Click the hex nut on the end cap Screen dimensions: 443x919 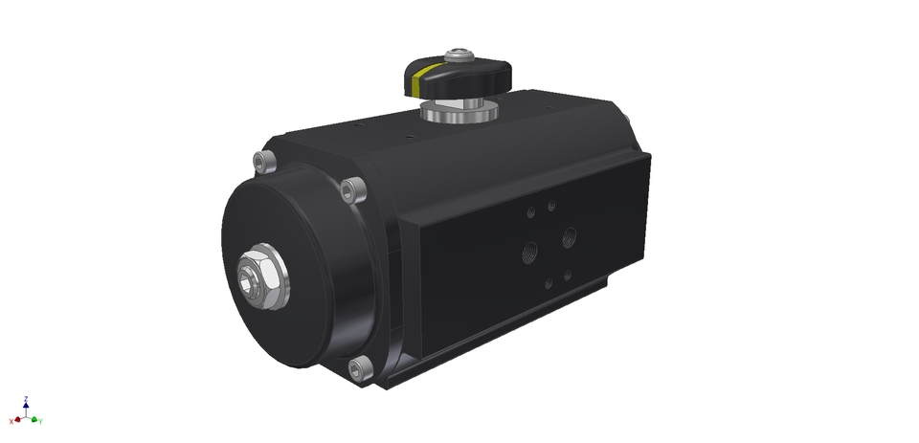259,277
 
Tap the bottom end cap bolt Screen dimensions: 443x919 359,368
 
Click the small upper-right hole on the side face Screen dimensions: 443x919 550,204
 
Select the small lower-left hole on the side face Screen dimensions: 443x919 548,282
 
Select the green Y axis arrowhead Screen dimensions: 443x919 34,419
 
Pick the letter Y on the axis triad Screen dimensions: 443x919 41,421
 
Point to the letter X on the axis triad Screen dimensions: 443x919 11,421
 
